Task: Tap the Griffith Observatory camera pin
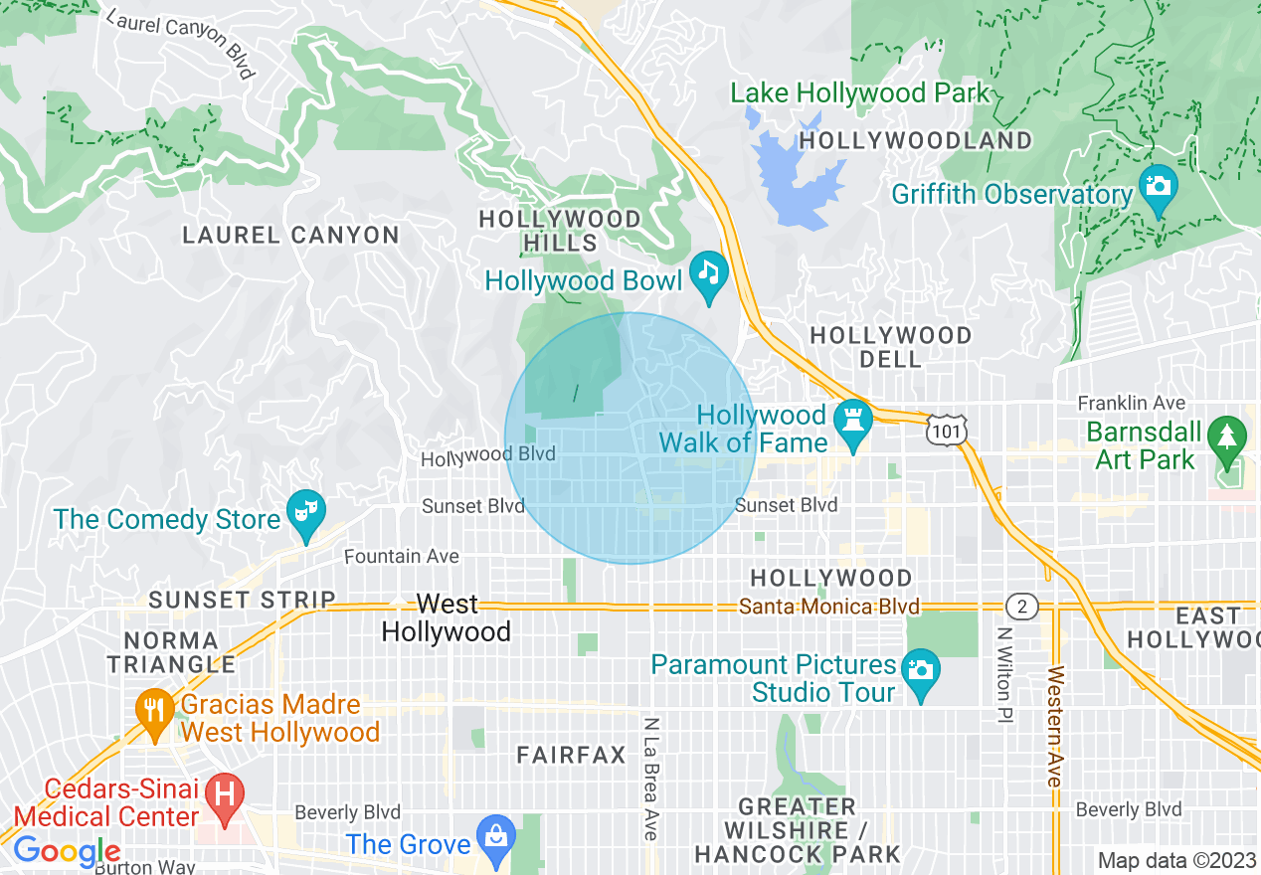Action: point(1158,186)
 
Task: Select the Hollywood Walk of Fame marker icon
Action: point(853,417)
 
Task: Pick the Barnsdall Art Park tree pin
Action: point(1226,437)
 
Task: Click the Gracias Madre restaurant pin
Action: point(154,710)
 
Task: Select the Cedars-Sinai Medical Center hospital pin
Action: point(225,795)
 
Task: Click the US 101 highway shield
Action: point(942,430)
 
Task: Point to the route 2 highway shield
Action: point(1021,606)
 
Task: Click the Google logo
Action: point(67,851)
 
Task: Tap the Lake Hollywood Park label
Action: point(860,93)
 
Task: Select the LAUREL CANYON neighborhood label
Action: point(290,236)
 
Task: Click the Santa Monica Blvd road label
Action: point(829,607)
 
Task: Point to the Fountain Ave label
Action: point(402,557)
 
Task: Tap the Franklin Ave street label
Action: point(1132,403)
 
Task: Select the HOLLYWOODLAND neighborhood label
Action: point(916,140)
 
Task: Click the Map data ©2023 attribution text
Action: point(1176,860)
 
